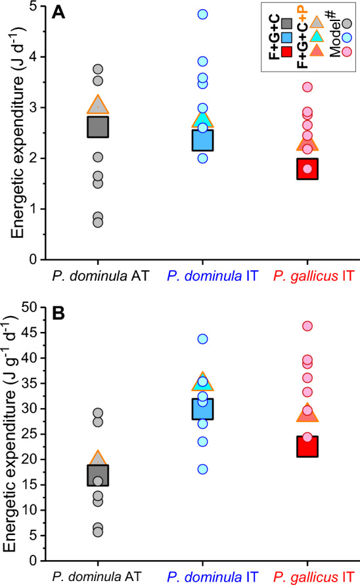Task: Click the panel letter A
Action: [58, 14]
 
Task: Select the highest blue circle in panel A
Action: [203, 14]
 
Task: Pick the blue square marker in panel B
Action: [203, 409]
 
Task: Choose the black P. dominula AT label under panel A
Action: [99, 277]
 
